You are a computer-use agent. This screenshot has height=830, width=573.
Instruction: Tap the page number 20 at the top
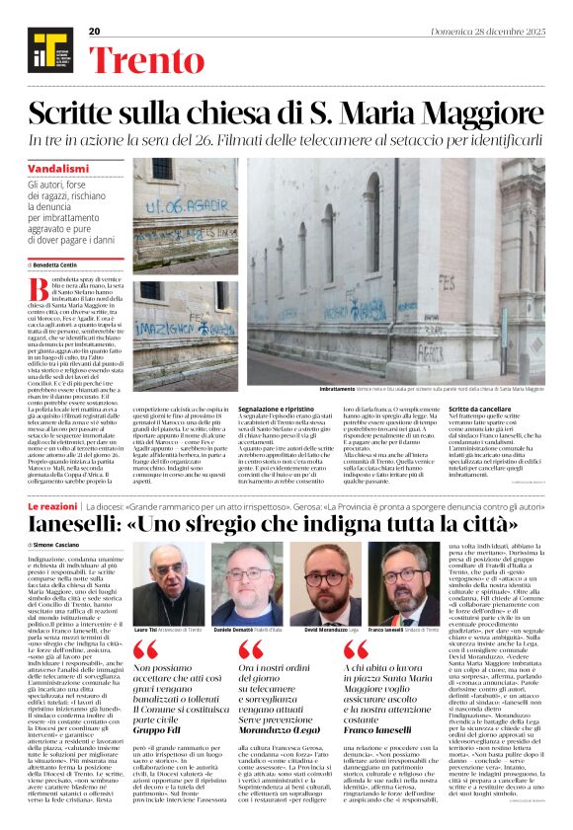tap(95, 32)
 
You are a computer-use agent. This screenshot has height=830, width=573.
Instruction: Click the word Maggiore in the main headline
tap(468, 112)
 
